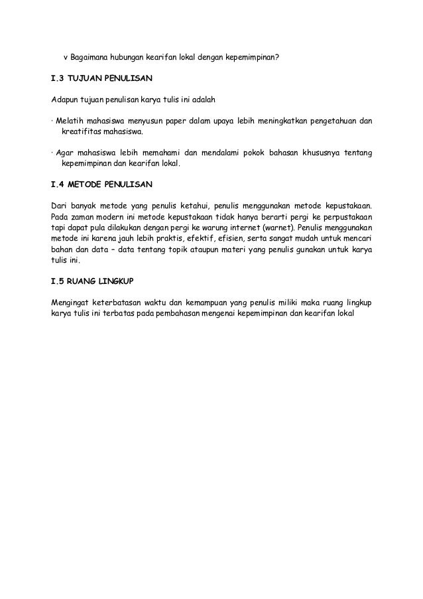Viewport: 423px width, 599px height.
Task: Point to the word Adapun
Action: pos(65,100)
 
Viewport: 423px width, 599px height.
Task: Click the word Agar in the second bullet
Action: pos(65,153)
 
